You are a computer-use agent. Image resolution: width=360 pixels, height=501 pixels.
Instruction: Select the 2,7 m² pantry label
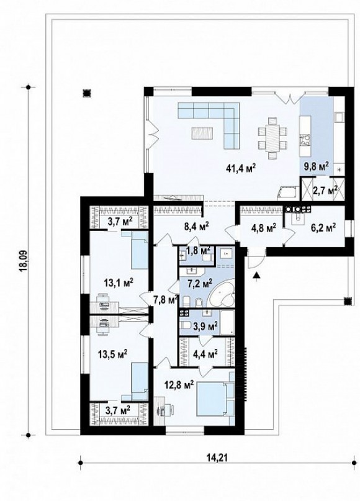pyautogui.click(x=323, y=191)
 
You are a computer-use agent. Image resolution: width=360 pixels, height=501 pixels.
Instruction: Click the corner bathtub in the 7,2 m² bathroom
pyautogui.click(x=222, y=296)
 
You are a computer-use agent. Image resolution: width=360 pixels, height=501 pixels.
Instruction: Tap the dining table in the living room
pyautogui.click(x=272, y=138)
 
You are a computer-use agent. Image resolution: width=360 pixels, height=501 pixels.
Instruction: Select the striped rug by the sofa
pyautogui.click(x=202, y=133)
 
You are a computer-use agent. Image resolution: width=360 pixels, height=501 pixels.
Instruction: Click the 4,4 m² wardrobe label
pyautogui.click(x=205, y=353)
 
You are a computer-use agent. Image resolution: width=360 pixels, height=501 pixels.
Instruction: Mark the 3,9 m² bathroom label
pyautogui.click(x=205, y=325)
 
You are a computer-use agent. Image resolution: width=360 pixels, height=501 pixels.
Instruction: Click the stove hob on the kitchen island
pyautogui.click(x=304, y=140)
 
